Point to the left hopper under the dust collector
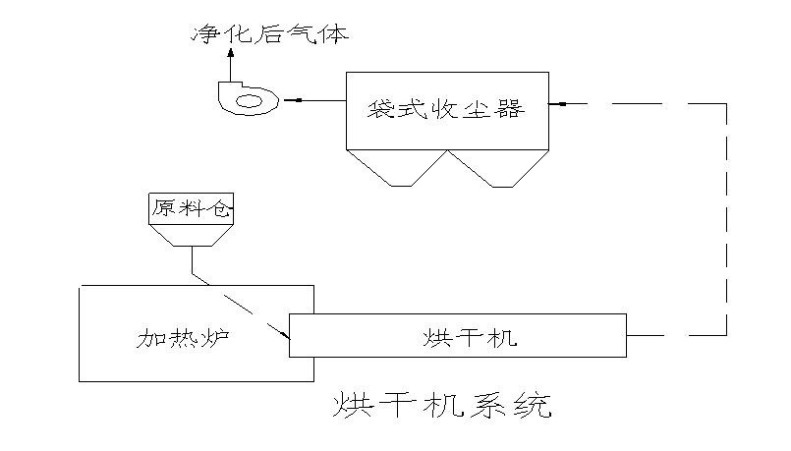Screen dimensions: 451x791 click(x=397, y=167)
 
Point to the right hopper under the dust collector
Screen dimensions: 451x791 click(x=498, y=167)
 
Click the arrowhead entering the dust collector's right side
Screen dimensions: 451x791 click(x=554, y=103)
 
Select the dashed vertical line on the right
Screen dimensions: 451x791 click(x=727, y=216)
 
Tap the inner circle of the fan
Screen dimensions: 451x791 click(x=250, y=100)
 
